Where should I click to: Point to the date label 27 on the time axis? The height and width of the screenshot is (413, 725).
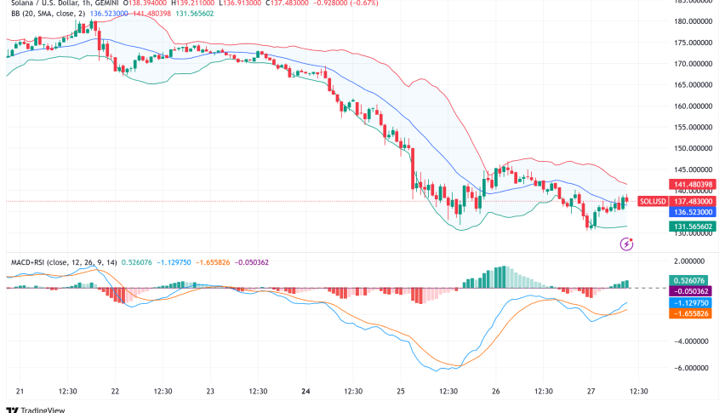click(590, 391)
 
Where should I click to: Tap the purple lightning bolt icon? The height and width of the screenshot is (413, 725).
click(627, 244)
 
